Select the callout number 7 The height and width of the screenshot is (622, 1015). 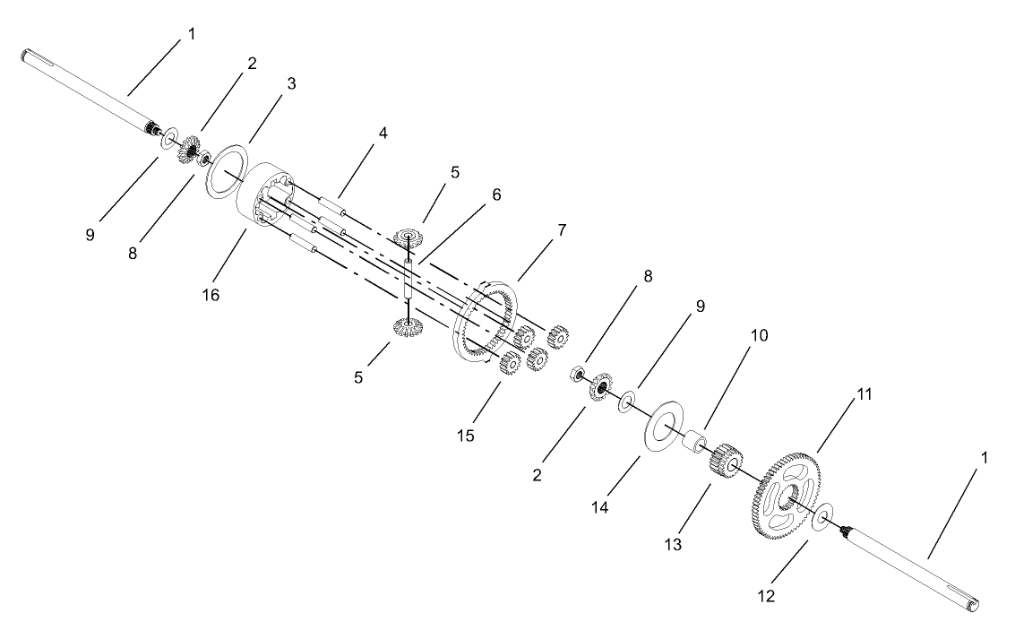562,231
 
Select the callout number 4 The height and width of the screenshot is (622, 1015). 383,134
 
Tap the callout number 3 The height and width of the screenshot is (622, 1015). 292,82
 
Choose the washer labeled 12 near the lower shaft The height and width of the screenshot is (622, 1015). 822,516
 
